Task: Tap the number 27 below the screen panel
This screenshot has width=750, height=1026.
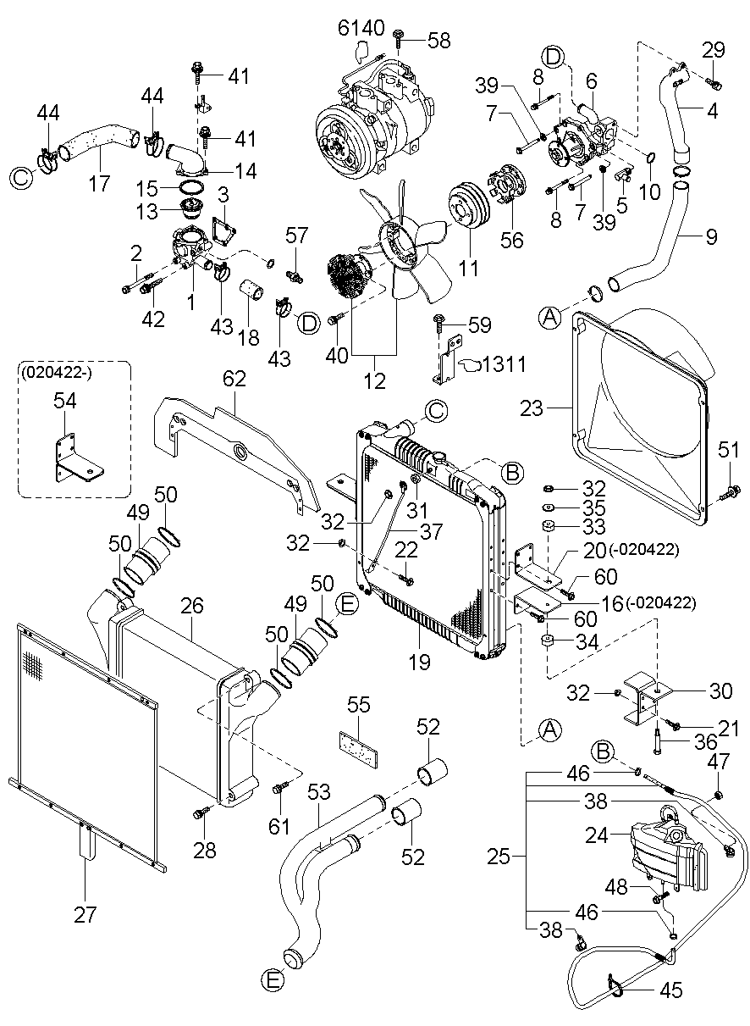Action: point(85,915)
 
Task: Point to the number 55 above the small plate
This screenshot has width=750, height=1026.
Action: point(359,705)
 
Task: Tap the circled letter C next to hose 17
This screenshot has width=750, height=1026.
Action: point(20,177)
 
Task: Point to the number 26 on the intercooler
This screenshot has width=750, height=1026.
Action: point(192,606)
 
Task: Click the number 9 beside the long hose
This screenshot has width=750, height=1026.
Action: point(710,237)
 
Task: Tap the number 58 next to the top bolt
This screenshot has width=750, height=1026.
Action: point(439,40)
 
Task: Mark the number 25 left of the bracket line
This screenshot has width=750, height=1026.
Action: point(499,857)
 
